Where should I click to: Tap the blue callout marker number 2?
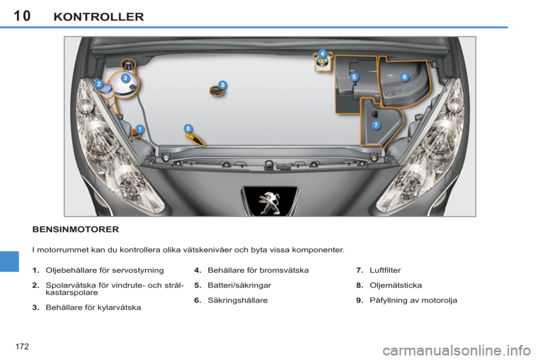[x=98, y=84]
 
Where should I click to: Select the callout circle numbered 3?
[x=125, y=78]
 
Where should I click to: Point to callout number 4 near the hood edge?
[x=322, y=53]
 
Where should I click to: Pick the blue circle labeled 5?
[x=354, y=77]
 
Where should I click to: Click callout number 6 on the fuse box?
[x=404, y=76]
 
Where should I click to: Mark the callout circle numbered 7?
[x=375, y=124]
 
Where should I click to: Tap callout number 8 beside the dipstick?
[x=188, y=129]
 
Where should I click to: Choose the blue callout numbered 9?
[x=223, y=84]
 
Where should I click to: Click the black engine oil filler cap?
[x=215, y=91]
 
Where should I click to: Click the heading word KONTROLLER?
[x=98, y=16]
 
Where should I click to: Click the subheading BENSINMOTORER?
[x=75, y=229]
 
